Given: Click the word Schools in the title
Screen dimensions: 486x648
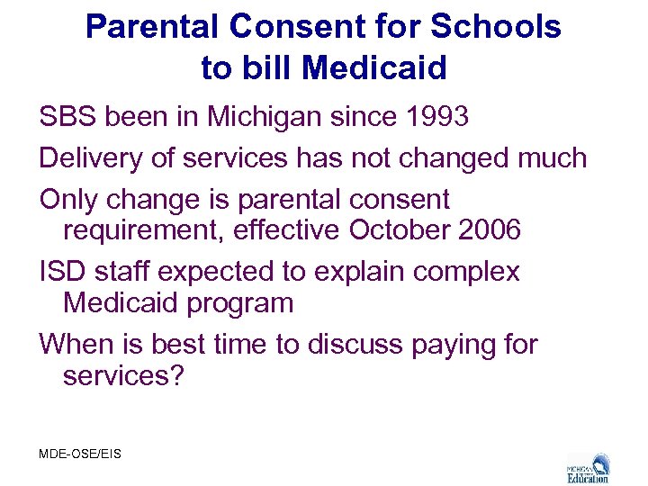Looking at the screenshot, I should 498,27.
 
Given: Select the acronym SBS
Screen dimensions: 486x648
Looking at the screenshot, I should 71,117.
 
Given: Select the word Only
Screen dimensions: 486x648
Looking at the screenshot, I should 68,199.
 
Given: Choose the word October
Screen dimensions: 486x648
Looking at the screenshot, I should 400,229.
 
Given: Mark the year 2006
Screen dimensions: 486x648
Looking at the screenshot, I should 489,229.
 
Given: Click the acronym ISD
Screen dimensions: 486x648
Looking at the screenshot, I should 63,271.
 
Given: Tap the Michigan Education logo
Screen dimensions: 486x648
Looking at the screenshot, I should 589,468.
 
